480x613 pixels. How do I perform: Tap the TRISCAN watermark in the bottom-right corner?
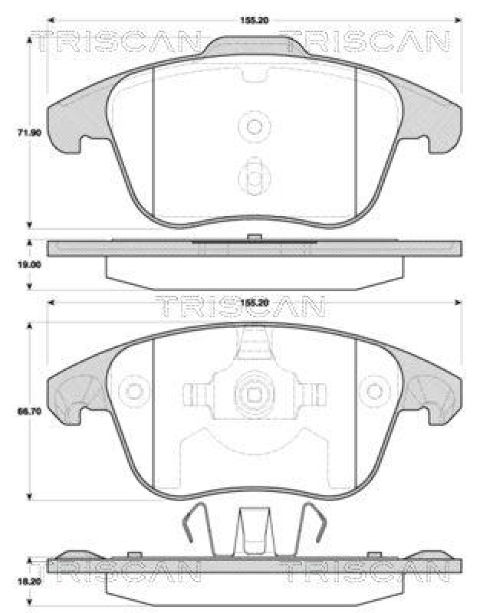pyautogui.click(x=364, y=571)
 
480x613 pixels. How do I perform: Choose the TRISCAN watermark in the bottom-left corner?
pyautogui.click(x=114, y=571)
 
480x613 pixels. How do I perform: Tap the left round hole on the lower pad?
pyautogui.click(x=136, y=392)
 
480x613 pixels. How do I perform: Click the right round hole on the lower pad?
pyautogui.click(x=376, y=392)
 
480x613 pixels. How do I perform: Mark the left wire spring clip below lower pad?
pyautogui.click(x=198, y=529)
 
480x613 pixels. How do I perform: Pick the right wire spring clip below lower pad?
pyautogui.click(x=311, y=529)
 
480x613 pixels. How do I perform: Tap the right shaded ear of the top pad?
pyautogui.click(x=437, y=123)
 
